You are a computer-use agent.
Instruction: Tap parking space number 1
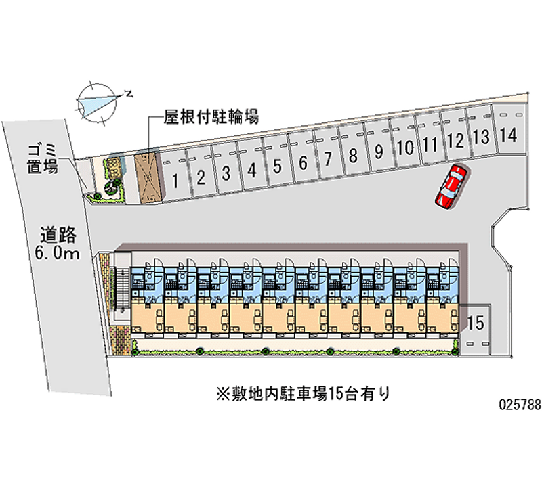pos(175,180)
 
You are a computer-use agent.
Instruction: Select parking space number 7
pos(328,159)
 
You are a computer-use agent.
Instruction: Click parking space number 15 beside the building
pos(476,323)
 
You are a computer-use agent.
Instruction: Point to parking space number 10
pos(405,148)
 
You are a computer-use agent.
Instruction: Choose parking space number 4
pos(252,170)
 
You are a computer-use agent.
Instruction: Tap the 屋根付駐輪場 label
pos(211,117)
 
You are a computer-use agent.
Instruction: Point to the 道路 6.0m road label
pos(60,244)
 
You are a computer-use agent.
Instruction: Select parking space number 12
pos(456,141)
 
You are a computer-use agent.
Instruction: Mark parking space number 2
pos(201,177)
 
